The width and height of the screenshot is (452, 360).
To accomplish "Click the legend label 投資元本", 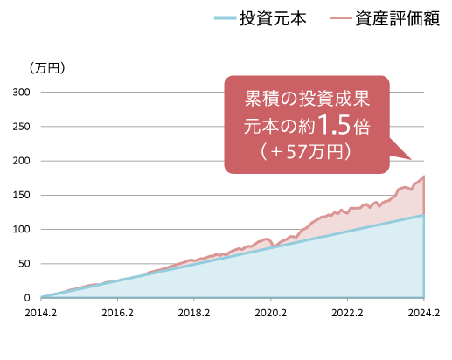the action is (x=273, y=18).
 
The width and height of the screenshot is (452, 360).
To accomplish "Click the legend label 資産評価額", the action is (x=398, y=18).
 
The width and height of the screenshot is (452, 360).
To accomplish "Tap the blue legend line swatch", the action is (x=225, y=18).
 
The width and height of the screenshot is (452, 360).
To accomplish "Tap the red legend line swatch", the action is (x=341, y=18).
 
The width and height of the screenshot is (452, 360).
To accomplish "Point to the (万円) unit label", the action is (x=47, y=68).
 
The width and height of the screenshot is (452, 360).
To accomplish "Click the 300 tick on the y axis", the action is (x=21, y=93).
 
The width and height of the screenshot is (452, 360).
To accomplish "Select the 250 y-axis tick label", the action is (x=21, y=127).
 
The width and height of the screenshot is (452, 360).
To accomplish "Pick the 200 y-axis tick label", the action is (x=21, y=161).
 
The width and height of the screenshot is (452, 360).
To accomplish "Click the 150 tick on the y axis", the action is (x=21, y=195).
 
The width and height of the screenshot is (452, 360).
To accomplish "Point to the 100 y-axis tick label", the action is (x=21, y=230).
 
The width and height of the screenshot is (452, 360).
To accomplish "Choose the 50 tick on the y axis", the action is (x=24, y=264).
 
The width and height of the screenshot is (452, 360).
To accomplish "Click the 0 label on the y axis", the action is (x=27, y=298).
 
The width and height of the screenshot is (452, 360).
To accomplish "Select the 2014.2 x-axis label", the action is (x=41, y=313).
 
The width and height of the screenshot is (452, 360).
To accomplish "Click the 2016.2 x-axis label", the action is (x=117, y=313).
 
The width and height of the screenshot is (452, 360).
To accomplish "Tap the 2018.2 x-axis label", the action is (x=194, y=313).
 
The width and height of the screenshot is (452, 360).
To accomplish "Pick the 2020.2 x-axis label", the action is (x=271, y=313).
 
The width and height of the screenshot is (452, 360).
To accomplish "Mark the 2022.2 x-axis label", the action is (x=347, y=313).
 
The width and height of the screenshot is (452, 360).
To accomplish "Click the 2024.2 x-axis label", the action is (x=424, y=313).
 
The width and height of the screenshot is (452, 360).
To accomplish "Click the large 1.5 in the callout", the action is (x=334, y=125).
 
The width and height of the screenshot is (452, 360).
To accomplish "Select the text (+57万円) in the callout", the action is (x=306, y=151).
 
